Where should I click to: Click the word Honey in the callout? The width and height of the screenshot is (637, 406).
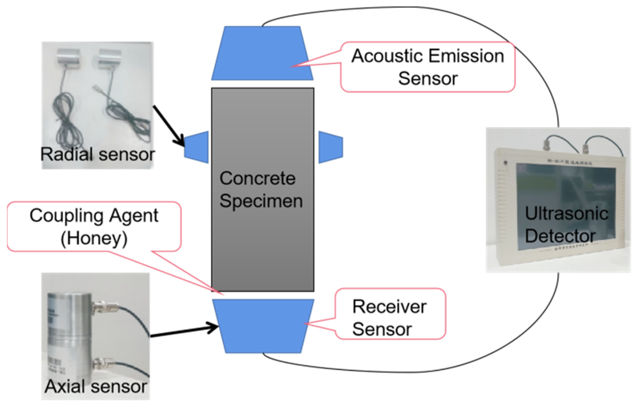click(94, 238)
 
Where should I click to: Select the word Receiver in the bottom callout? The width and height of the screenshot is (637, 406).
click(389, 307)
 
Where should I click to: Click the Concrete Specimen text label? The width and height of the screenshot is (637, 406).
click(261, 190)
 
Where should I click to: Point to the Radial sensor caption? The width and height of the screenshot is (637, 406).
click(97, 154)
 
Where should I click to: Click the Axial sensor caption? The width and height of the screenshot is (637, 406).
click(96, 386)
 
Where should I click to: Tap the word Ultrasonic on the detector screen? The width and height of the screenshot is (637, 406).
click(566, 214)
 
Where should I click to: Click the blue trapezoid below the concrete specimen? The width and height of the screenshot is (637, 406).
click(263, 326)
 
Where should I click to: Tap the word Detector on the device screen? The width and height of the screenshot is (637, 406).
click(560, 236)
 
